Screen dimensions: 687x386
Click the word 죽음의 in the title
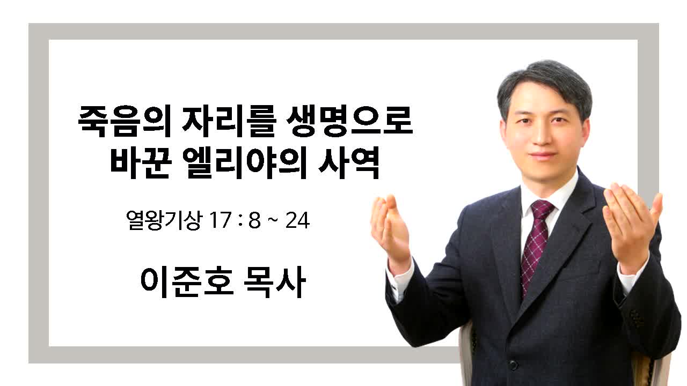(x=125, y=121)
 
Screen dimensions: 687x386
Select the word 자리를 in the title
(x=229, y=121)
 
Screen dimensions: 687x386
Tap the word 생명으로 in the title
(x=349, y=121)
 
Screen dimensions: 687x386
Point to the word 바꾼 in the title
(x=140, y=163)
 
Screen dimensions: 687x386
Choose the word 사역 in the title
(x=349, y=163)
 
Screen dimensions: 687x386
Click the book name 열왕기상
(x=164, y=220)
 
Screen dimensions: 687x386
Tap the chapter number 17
(x=220, y=220)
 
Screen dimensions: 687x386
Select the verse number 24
(x=297, y=220)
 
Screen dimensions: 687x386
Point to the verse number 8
(x=254, y=220)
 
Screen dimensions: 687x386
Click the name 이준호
(x=187, y=282)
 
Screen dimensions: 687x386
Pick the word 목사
(x=275, y=282)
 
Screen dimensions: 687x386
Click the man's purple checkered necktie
(x=537, y=245)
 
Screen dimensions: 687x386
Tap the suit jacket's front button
(x=513, y=365)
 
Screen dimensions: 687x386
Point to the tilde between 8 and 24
(x=273, y=220)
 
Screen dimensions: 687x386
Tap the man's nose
(x=542, y=135)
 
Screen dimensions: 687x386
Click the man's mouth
(x=543, y=155)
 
